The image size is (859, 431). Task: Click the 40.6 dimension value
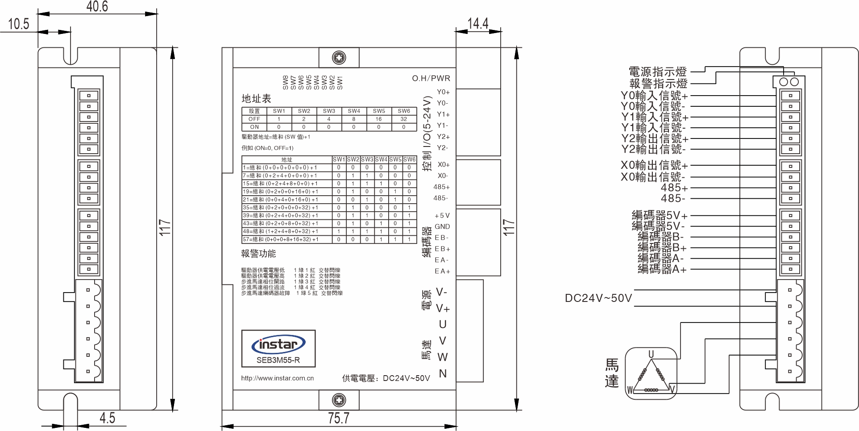tap(97, 6)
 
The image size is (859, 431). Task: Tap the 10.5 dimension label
tap(18, 24)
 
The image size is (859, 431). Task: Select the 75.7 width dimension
tap(339, 418)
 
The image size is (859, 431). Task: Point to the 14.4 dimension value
tap(478, 23)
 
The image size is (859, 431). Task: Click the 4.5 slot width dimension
tap(107, 418)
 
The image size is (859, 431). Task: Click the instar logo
tap(278, 344)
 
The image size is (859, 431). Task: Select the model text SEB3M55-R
tap(278, 360)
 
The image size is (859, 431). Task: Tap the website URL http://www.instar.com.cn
tap(277, 378)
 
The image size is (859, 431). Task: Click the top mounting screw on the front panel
tap(339, 58)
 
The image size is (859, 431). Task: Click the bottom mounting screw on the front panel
tap(339, 400)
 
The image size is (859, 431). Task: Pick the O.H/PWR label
tap(431, 78)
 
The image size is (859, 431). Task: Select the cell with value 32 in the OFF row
tap(404, 119)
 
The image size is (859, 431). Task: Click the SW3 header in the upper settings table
tap(329, 111)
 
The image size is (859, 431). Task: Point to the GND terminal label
tap(442, 226)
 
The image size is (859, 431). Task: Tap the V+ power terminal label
tap(443, 309)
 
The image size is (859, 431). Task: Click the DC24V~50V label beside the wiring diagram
tap(598, 298)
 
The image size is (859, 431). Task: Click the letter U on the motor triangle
tap(651, 354)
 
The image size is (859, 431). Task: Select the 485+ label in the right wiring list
tap(674, 188)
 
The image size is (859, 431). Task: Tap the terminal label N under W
tap(443, 373)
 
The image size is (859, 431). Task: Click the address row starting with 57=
tap(281, 239)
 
